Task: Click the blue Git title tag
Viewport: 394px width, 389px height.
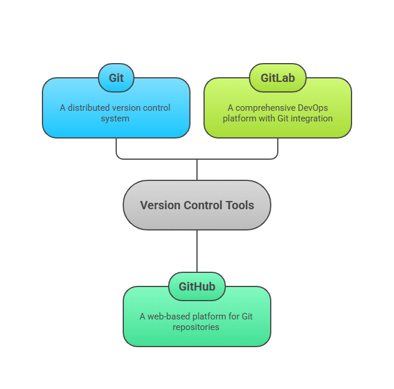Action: (116, 78)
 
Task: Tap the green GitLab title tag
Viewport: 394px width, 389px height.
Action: (278, 78)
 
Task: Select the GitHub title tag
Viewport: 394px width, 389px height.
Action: (197, 286)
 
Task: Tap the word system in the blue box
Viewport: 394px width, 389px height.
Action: (116, 118)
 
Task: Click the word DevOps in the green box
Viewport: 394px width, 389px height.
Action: (311, 108)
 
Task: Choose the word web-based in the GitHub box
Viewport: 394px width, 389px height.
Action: (167, 317)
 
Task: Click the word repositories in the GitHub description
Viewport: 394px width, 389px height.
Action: (196, 327)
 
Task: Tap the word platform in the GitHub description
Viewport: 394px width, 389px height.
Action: (208, 317)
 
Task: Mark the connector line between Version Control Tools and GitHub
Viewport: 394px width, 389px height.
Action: (197, 250)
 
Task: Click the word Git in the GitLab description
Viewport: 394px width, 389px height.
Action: (280, 118)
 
